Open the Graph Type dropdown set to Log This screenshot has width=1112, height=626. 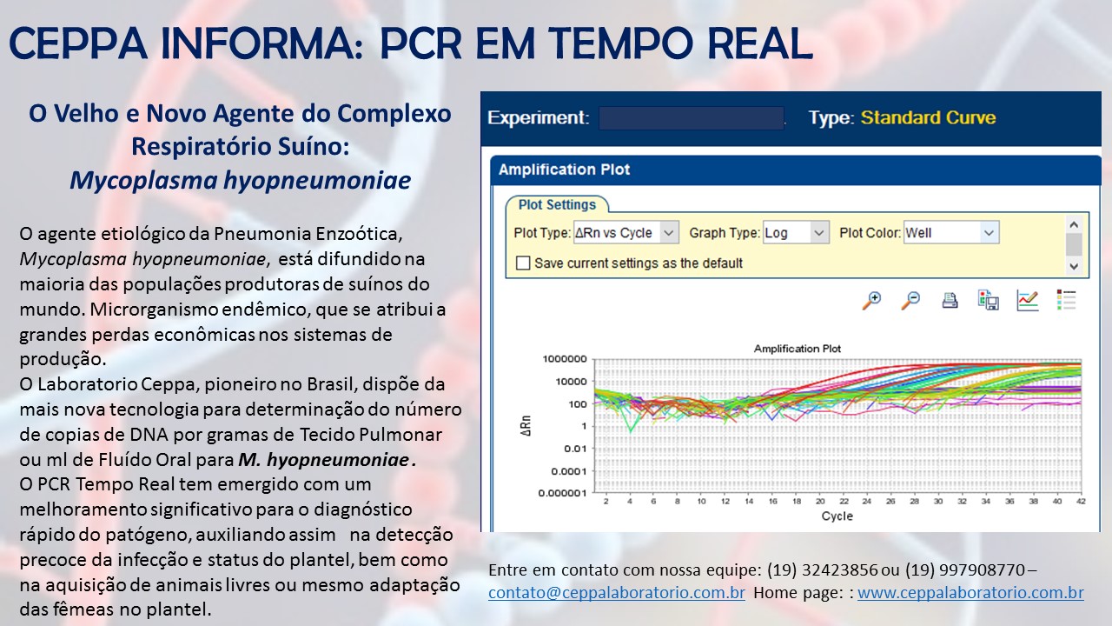[x=796, y=232]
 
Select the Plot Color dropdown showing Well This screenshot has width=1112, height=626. [x=951, y=232]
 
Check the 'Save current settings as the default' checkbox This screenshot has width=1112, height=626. [x=523, y=263]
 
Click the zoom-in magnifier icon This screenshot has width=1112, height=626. [x=871, y=301]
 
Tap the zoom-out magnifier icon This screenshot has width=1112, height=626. [x=910, y=301]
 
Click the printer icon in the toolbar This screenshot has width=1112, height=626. [x=950, y=301]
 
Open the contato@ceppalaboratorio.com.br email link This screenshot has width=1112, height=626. [x=617, y=593]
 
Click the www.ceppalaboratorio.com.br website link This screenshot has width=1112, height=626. [x=970, y=593]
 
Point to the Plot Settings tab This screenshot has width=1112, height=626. [x=557, y=204]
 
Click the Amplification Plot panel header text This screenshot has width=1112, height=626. [x=564, y=170]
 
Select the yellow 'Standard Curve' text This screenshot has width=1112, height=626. [x=929, y=117]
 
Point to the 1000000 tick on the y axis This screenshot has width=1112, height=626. [x=565, y=359]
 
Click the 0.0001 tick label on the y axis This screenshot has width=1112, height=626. [x=569, y=471]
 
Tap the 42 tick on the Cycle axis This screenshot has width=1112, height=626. [x=1081, y=502]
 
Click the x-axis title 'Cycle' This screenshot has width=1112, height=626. [x=837, y=516]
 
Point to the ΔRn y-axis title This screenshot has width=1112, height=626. [x=526, y=426]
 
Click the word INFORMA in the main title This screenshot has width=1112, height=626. [x=261, y=43]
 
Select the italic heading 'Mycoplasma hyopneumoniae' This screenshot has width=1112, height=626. [x=241, y=180]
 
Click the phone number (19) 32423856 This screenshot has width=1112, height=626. [x=823, y=569]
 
